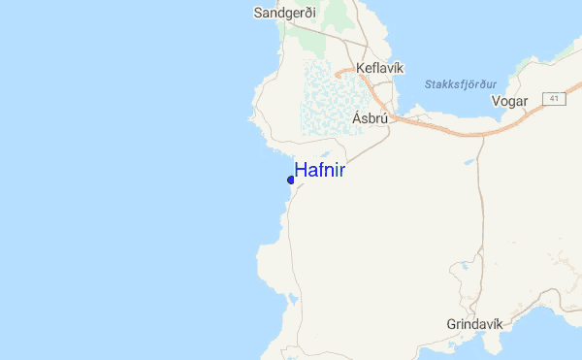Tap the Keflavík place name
coord(379,68)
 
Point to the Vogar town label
coord(509,101)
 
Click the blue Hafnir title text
coord(319,170)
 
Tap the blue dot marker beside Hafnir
coord(291,180)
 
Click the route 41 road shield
coord(553,99)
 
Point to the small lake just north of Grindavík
coord(465,292)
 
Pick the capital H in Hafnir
coord(300,170)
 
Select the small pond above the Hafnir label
coord(324,155)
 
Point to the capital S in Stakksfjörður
coord(428,84)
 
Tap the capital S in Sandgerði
coord(257,14)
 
